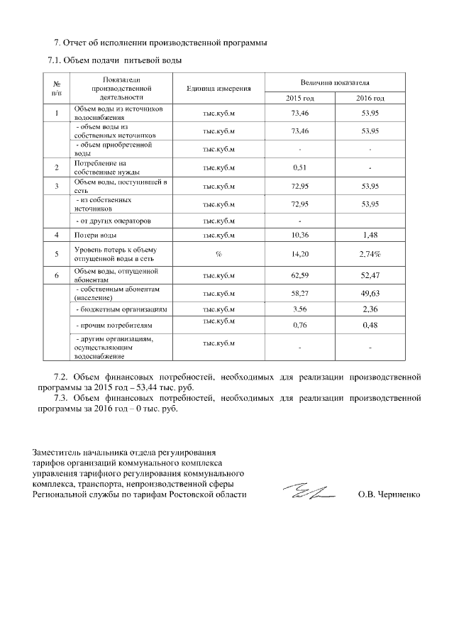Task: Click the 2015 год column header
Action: [299, 98]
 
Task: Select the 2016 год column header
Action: [370, 98]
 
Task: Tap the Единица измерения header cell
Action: [218, 89]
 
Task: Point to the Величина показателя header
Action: [334, 83]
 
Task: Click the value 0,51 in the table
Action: [299, 167]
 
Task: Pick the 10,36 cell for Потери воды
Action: [299, 235]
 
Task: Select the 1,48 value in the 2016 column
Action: [370, 235]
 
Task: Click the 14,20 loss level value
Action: [299, 253]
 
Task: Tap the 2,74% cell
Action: [370, 253]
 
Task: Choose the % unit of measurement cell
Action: [218, 253]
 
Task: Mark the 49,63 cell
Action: [370, 292]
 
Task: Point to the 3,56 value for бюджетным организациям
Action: [299, 309]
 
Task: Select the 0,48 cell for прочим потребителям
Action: [370, 326]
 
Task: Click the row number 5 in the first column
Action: [56, 253]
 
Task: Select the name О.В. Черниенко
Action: [389, 495]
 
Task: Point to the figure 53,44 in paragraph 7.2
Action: [147, 388]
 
